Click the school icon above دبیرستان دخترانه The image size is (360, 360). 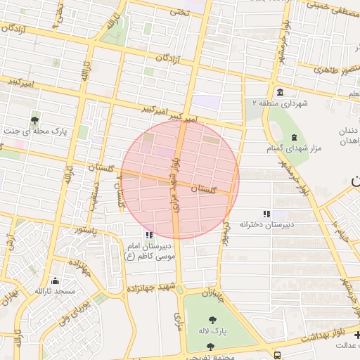(266, 213)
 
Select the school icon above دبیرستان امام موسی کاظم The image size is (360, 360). (148, 235)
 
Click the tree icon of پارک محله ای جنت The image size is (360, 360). (35, 120)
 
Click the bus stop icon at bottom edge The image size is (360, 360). (278, 354)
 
